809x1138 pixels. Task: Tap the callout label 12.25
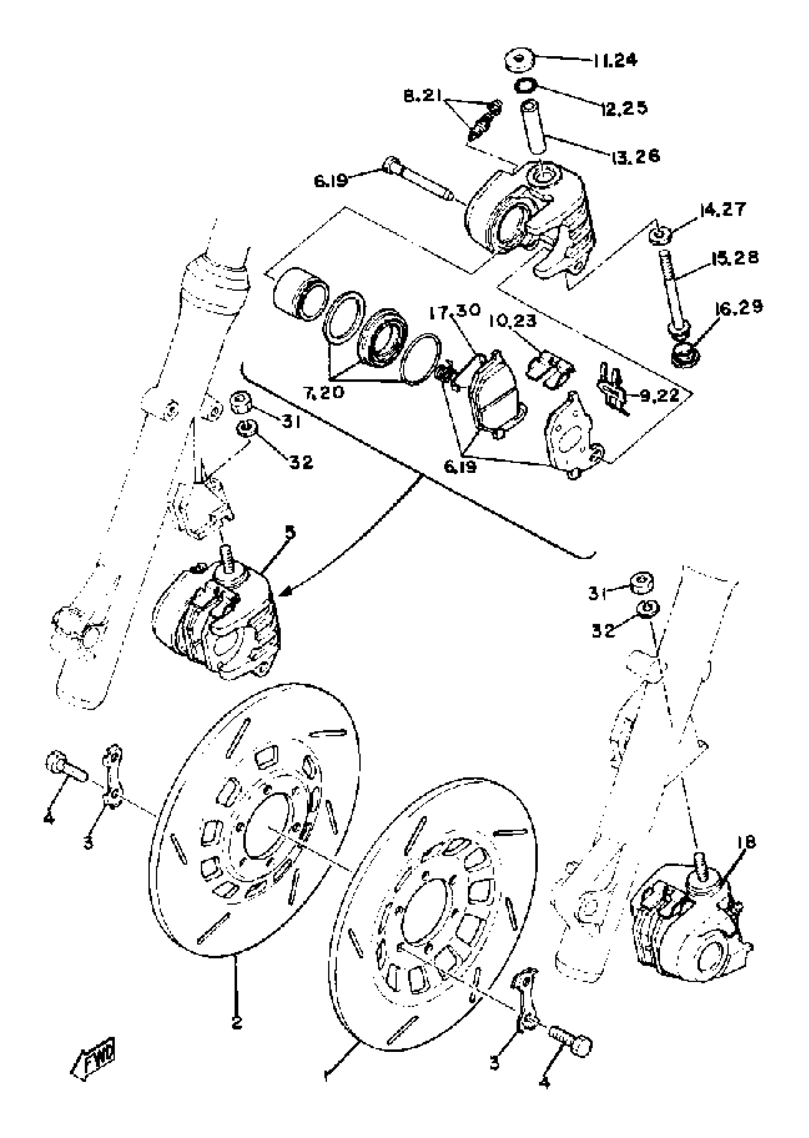[624, 107]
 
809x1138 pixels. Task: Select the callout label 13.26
[634, 156]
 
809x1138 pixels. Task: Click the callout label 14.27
[723, 210]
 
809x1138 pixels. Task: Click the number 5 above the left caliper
[289, 532]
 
